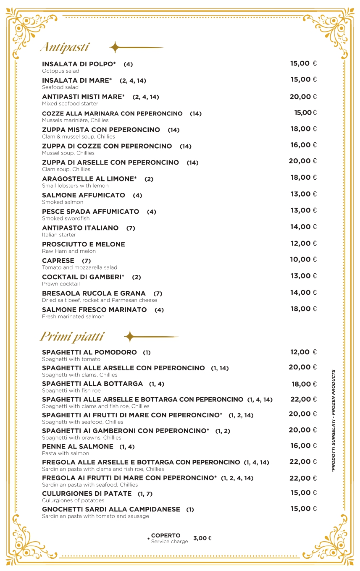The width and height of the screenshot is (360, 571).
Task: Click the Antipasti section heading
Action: point(65,47)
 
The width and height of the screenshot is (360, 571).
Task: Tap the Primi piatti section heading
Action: point(72,336)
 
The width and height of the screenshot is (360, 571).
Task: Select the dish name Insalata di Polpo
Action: point(79,64)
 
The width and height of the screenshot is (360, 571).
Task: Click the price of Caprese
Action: point(303,259)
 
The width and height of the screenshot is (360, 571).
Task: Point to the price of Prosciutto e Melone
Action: point(303,243)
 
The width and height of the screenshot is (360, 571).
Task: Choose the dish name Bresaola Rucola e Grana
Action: point(94,293)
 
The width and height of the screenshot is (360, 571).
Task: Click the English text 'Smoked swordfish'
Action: point(62,218)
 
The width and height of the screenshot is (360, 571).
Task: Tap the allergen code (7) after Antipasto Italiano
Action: point(131,228)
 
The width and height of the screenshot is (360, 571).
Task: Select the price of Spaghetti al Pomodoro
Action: point(303,352)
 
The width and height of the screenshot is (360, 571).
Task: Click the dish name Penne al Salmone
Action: point(78,446)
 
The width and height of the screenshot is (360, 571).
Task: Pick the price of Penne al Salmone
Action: point(303,445)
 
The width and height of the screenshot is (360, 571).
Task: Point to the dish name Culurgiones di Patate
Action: point(87,493)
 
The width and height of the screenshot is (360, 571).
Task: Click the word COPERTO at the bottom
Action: point(166,535)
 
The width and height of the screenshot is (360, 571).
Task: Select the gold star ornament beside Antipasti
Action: point(115,47)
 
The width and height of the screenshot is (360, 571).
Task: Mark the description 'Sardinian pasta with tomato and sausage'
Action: point(95,516)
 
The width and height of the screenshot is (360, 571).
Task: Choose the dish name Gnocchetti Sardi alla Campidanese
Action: point(111,509)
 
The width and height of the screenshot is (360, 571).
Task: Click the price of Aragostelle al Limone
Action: point(303,177)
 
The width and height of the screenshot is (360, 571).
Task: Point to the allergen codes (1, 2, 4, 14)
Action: point(237,478)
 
